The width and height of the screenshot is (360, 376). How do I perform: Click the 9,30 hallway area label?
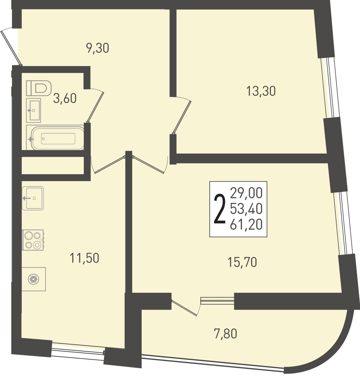click(x=98, y=48)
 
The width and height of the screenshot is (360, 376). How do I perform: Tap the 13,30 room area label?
click(x=261, y=91)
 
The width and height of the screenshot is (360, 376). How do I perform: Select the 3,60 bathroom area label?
click(x=65, y=98)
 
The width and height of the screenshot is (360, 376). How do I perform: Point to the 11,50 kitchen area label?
click(x=84, y=258)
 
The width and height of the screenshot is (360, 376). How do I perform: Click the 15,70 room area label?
click(x=242, y=262)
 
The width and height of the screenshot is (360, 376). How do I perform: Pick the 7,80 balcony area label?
click(x=225, y=334)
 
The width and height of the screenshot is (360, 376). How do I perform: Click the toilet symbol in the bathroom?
click(x=39, y=88)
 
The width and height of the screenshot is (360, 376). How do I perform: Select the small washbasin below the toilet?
click(x=33, y=110)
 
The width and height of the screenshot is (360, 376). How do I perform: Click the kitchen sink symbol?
click(x=33, y=198)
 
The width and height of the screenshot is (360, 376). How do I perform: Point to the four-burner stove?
click(x=33, y=240)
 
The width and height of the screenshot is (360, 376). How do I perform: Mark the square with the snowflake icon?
click(x=33, y=279)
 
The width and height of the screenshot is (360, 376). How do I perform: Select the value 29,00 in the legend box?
click(x=246, y=193)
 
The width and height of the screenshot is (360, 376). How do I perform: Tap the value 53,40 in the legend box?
click(x=246, y=209)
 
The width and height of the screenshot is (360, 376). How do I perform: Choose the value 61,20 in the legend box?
click(x=246, y=225)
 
